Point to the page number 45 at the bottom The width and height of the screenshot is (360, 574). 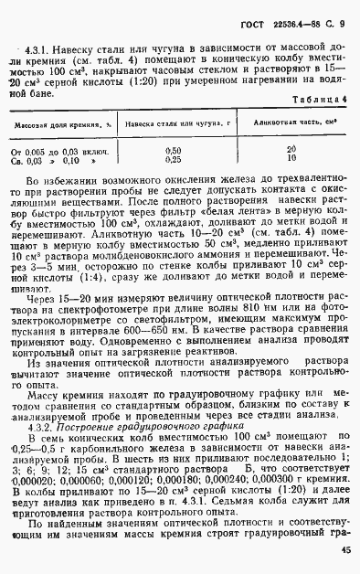click(344, 550)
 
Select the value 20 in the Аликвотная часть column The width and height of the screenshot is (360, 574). click(292, 149)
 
